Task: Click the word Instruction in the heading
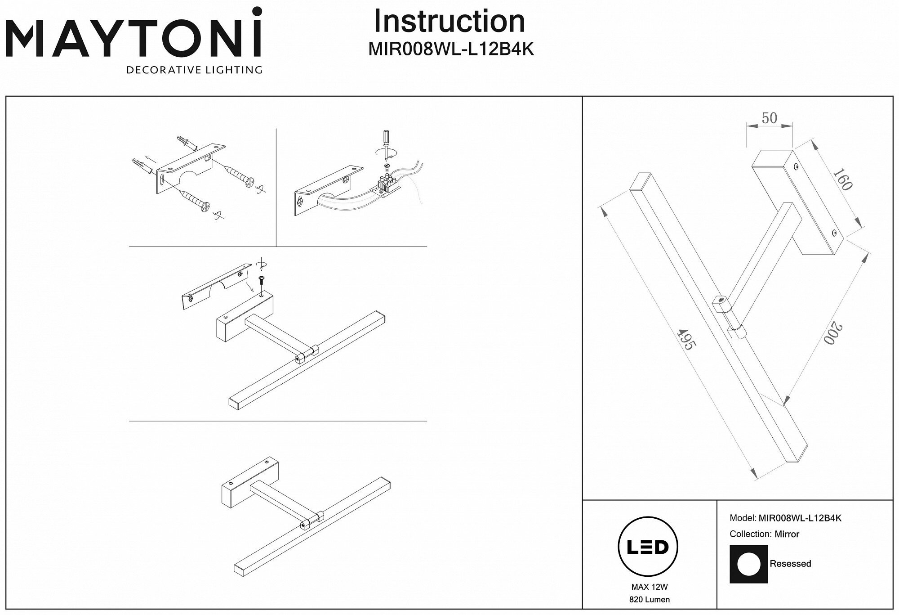pos(449,21)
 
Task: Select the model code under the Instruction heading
pos(451,49)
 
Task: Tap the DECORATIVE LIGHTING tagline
pos(194,70)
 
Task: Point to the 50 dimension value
pos(769,118)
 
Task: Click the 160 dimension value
pos(842,179)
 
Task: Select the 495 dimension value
pos(686,340)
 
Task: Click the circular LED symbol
pos(649,548)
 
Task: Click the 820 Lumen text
pos(650,599)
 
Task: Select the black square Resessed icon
pos(748,564)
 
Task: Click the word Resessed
pos(790,564)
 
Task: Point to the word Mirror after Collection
pos(787,534)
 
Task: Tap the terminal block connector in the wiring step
pos(386,185)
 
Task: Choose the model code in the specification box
pos(800,518)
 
